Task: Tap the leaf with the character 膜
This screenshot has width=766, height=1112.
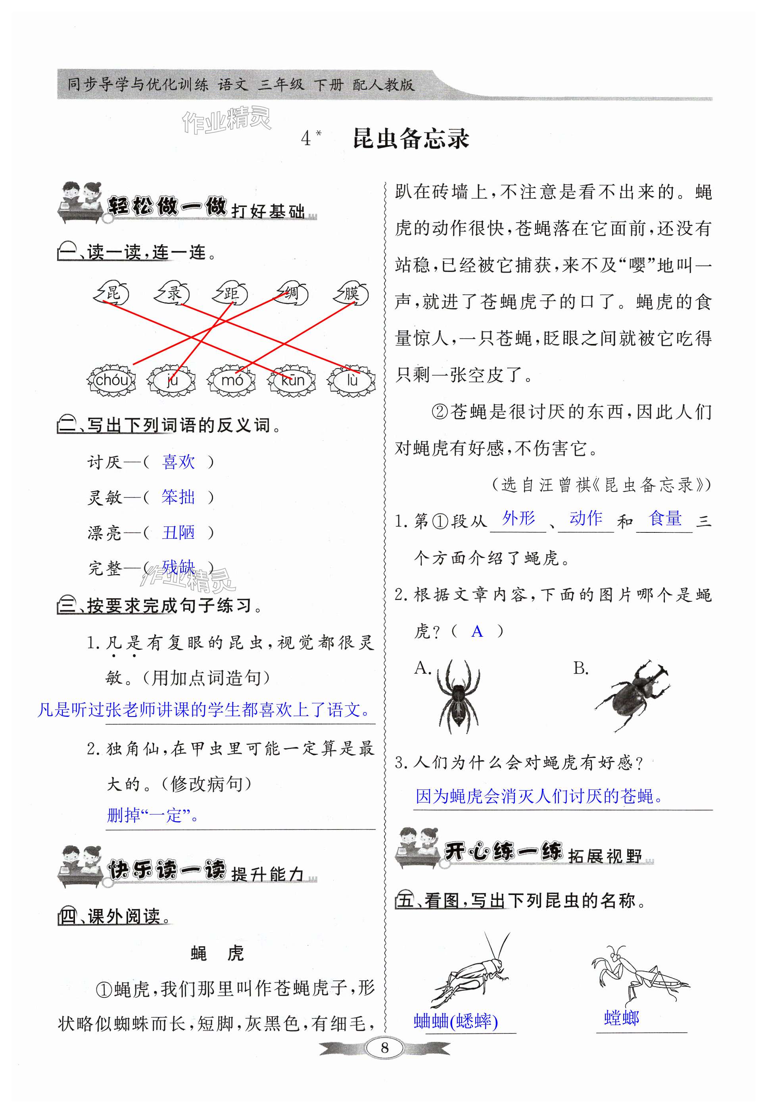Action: tap(352, 293)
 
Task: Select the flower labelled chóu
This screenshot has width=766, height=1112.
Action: tap(111, 380)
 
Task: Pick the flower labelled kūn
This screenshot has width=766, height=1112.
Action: tap(292, 380)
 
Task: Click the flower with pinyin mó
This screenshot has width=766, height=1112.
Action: tap(232, 380)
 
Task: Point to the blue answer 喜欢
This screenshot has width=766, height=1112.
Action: tap(179, 462)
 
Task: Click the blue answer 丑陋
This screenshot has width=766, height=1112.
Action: tap(179, 532)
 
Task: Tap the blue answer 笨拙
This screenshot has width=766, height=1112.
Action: tap(179, 497)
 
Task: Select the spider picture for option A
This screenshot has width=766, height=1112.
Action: tap(458, 695)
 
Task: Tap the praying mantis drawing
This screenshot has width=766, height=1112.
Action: tap(638, 974)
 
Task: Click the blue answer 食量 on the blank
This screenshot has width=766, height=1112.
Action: tap(665, 519)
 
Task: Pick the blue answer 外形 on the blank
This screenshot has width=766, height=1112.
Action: tap(518, 519)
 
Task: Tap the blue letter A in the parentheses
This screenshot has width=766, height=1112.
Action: tap(477, 631)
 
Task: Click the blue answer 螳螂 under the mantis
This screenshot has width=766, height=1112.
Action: tap(622, 1018)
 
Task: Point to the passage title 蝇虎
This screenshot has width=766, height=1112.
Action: tap(217, 953)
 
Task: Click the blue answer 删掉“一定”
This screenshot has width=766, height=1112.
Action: tap(153, 815)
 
